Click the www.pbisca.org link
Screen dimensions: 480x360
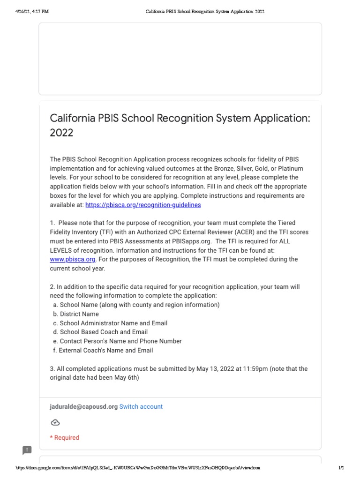pos(73,259)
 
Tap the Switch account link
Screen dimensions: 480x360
pos(141,406)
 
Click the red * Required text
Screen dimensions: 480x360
pos(65,437)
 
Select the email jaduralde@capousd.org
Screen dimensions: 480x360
pos(83,406)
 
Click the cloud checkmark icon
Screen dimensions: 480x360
pos(55,422)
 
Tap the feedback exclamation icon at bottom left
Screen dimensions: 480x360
pos(27,450)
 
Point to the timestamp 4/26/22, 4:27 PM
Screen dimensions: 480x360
pos(31,12)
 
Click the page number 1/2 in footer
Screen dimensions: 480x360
pos(341,468)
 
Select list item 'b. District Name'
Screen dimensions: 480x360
pos(76,314)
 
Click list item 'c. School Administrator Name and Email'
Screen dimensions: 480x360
pos(110,323)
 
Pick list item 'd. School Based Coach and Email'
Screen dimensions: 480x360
pos(100,332)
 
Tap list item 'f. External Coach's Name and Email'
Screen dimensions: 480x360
pos(103,350)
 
